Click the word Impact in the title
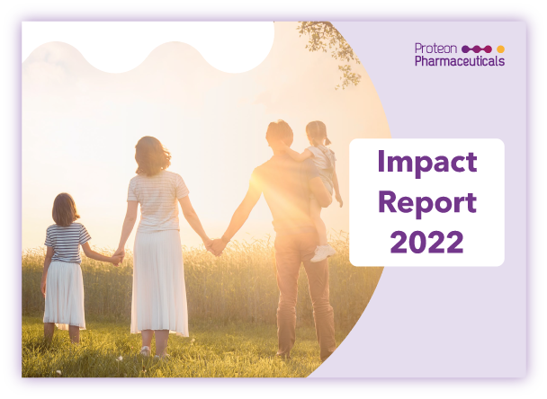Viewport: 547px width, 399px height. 427,163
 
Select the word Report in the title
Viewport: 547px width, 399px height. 427,203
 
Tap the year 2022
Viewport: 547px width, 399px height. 427,242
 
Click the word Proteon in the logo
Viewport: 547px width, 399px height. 435,49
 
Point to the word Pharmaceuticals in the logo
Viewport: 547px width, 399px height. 460,60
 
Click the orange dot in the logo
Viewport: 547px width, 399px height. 500,49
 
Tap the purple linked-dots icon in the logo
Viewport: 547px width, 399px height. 477,49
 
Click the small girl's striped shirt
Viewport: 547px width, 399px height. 67,243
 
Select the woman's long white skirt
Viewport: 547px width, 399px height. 159,282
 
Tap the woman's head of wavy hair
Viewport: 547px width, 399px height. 152,155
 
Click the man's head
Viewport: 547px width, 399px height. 280,135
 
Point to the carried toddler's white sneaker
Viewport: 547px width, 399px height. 323,253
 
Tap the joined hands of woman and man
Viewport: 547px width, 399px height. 215,246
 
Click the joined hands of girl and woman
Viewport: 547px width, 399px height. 118,257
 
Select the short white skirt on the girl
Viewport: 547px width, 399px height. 65,295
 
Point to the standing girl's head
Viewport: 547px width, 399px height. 65,209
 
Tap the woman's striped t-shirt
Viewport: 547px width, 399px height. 157,201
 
